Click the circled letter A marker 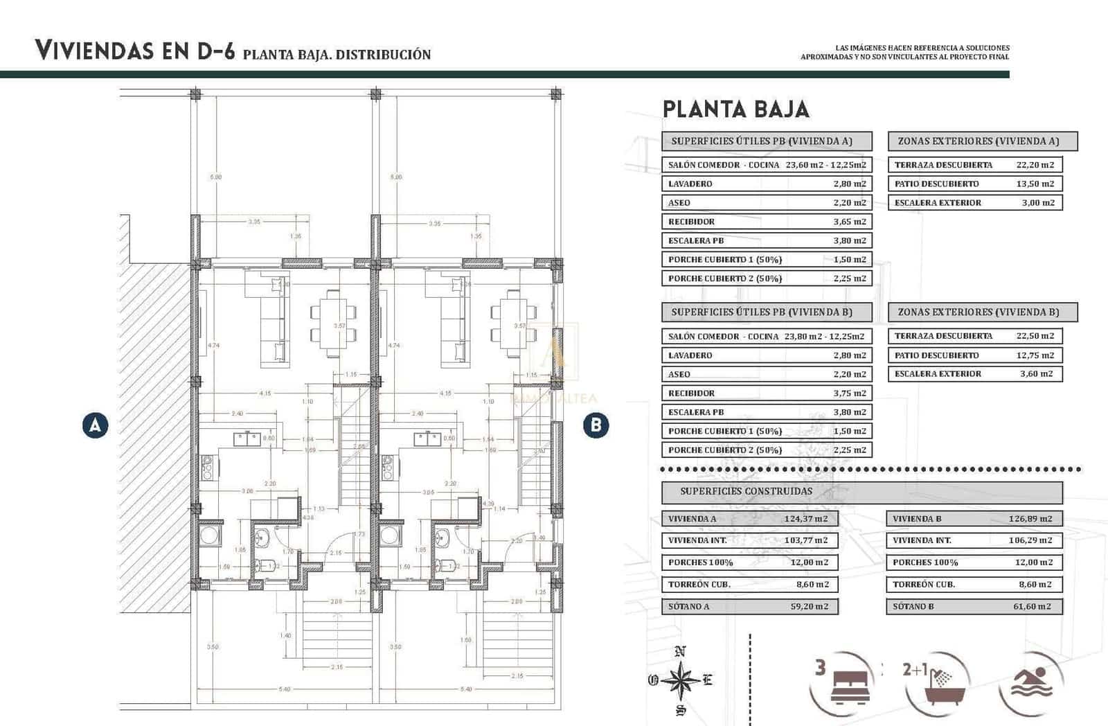[x=95, y=425]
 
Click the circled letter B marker [x=596, y=425]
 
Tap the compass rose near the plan [x=681, y=680]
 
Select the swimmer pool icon [x=1032, y=682]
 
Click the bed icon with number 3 [x=843, y=682]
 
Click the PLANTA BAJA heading [x=735, y=109]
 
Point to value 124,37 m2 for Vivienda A [x=810, y=519]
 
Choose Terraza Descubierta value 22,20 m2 [x=1035, y=165]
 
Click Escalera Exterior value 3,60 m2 [x=1036, y=374]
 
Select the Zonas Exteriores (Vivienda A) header [x=982, y=141]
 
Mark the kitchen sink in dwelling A [x=247, y=439]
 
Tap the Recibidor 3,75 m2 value [x=850, y=393]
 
